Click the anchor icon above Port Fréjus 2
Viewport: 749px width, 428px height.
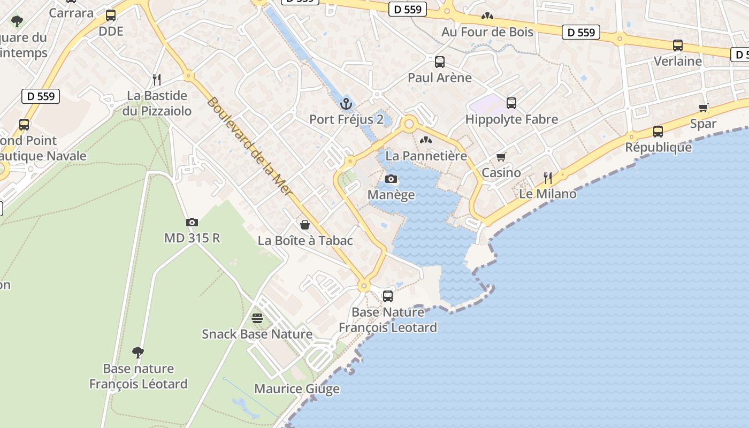[346, 103]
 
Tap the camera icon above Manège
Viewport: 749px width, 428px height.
[391, 179]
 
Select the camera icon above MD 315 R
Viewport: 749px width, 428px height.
[192, 222]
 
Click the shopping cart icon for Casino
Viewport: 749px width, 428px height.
[501, 157]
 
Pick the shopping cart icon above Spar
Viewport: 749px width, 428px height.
[704, 108]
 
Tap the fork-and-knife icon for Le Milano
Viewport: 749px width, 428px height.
[548, 178]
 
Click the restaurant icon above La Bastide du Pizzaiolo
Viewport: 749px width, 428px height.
[156, 80]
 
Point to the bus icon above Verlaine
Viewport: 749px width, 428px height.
[678, 45]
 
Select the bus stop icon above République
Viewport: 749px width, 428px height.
[658, 132]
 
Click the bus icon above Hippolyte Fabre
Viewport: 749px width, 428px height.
[511, 103]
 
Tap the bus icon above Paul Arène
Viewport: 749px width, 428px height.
[440, 62]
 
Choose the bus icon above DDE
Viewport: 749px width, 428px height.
[111, 16]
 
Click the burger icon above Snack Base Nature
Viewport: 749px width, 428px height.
[257, 318]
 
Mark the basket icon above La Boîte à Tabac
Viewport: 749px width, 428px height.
[305, 225]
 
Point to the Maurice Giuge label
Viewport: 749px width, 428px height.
[296, 389]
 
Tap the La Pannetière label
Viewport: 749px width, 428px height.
[426, 156]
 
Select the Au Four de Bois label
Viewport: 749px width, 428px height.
[487, 32]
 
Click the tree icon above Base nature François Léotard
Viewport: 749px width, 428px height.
[138, 352]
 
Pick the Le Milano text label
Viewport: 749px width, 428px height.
[548, 194]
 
